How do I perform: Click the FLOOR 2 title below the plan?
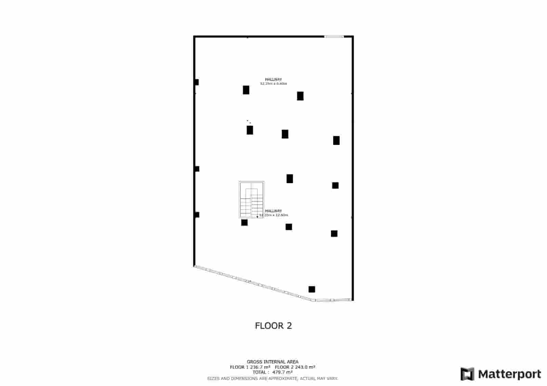coord(273,326)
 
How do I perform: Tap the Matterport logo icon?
coord(467,374)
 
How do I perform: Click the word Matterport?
coord(509,374)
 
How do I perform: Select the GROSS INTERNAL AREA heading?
coord(272,362)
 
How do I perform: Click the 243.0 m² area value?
coord(305,367)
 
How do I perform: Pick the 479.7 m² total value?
coord(282,372)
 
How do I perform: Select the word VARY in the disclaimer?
coord(333,378)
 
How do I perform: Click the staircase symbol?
coord(251,200)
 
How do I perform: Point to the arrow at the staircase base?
coord(257,216)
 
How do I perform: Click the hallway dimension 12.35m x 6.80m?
coord(273,84)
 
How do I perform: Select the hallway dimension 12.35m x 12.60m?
coord(274,215)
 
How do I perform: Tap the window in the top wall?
coord(334,36)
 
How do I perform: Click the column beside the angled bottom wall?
coord(312,289)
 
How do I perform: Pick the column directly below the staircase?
coord(244,223)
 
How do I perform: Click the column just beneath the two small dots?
coord(250,130)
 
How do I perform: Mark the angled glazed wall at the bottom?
coord(253,282)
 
